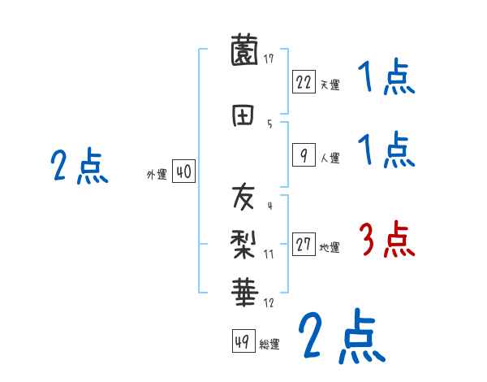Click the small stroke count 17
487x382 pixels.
tap(269, 59)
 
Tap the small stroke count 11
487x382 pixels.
tap(269, 254)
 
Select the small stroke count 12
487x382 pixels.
tap(269, 303)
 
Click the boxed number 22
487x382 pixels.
tap(304, 82)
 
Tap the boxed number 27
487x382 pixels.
tap(304, 245)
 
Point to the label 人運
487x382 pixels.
tap(329, 158)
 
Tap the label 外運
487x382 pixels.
tap(157, 174)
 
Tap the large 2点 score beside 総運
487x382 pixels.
tap(341, 336)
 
